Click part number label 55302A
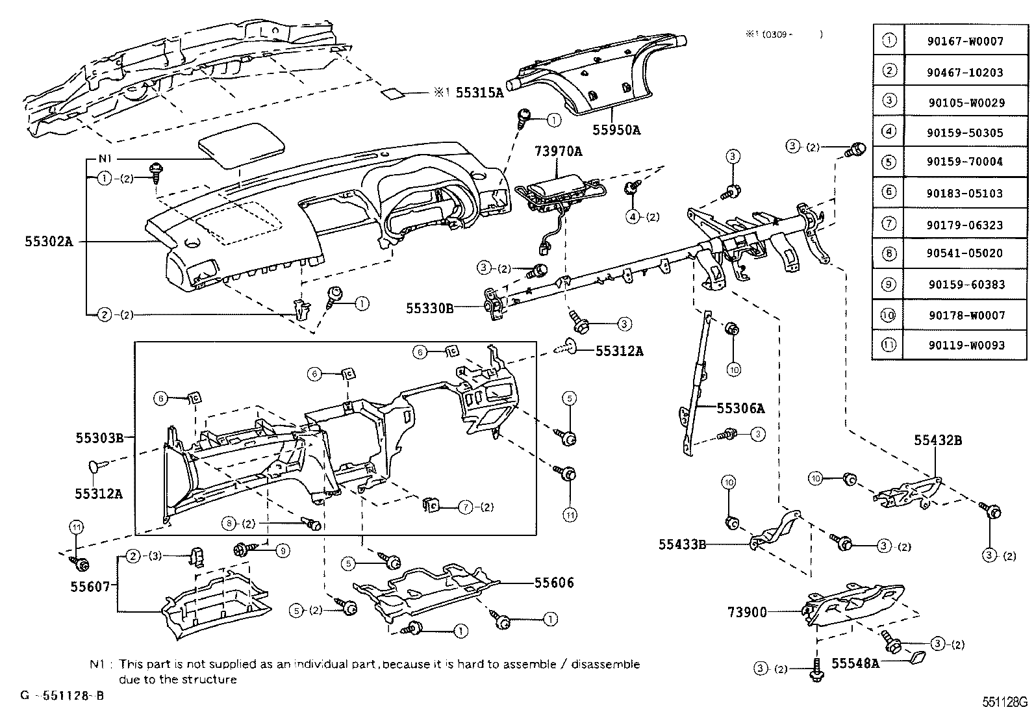(49, 242)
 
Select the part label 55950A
(616, 130)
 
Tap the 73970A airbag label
(558, 152)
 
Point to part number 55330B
(430, 308)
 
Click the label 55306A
(740, 408)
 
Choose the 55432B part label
(938, 440)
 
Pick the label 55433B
(682, 544)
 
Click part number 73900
(747, 612)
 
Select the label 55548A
(855, 663)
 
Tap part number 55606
(554, 583)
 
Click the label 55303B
(99, 438)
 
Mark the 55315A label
(479, 93)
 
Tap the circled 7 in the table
(889, 224)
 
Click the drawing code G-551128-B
(62, 696)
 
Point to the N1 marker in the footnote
(97, 665)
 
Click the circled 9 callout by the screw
(282, 550)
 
